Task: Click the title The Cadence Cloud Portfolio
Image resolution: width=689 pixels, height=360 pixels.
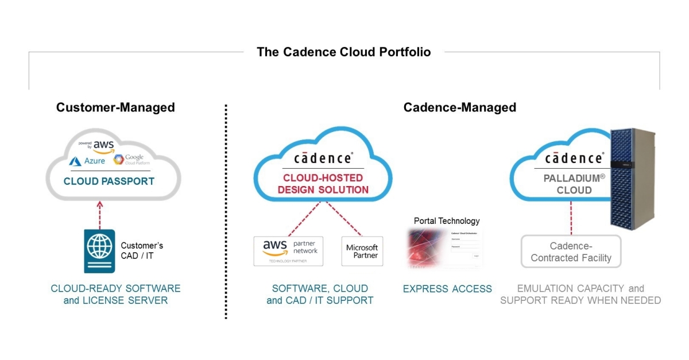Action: click(343, 52)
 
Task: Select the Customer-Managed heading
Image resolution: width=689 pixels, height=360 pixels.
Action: click(115, 107)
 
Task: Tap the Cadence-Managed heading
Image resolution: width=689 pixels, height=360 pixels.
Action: click(459, 107)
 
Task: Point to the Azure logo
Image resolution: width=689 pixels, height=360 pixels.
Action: click(88, 161)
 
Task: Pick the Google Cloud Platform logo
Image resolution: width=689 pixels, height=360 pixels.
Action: click(129, 160)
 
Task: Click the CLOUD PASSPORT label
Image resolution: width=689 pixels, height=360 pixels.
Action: click(109, 181)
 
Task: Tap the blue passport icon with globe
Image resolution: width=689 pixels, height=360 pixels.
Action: click(98, 250)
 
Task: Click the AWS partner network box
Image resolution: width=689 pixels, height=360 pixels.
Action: click(288, 250)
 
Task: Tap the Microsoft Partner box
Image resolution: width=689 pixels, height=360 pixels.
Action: click(362, 251)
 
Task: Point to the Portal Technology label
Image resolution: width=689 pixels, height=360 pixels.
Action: click(447, 220)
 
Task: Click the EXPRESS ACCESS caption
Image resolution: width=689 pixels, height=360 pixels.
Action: click(447, 289)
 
